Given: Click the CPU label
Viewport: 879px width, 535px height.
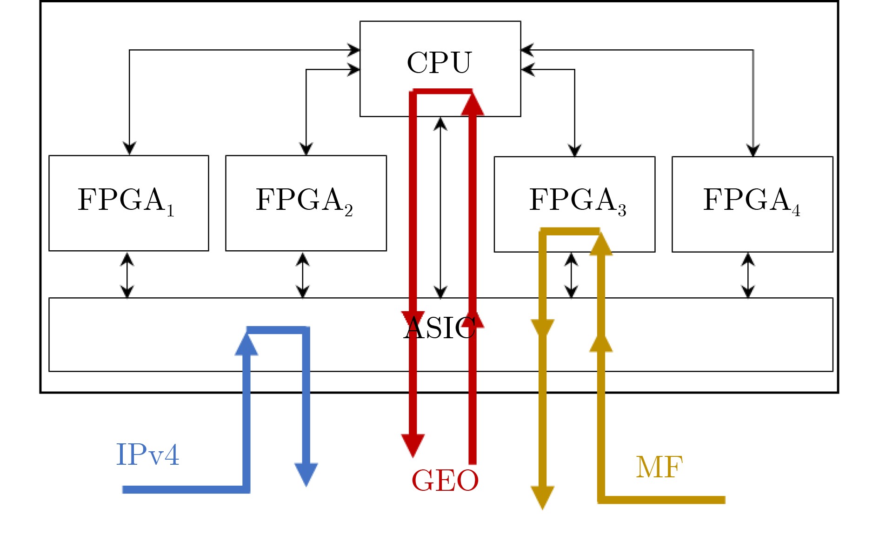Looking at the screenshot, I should tap(439, 62).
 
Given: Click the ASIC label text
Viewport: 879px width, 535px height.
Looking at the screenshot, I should tap(439, 328).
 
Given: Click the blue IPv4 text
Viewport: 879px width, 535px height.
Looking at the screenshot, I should tap(147, 455).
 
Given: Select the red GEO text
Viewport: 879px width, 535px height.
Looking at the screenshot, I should tap(445, 481).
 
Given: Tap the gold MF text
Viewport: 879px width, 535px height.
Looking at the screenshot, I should tap(659, 467).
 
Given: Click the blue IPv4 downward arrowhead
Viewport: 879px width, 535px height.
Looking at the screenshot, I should tap(306, 474).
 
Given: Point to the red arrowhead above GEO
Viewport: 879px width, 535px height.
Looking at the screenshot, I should tap(413, 445).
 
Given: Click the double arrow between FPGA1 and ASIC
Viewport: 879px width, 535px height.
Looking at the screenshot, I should tap(127, 275).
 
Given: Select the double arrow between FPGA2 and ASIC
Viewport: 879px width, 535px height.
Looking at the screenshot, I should tap(303, 275).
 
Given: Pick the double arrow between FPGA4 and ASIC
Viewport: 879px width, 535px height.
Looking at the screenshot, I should tap(748, 275).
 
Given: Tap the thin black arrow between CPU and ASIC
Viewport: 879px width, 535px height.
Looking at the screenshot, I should tap(440, 207).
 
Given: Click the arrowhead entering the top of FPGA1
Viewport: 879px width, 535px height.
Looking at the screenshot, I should tap(129, 148).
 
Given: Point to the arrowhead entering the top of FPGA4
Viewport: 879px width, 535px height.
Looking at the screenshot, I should tap(753, 150).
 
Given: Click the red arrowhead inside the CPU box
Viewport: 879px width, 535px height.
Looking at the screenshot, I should tap(473, 105).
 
